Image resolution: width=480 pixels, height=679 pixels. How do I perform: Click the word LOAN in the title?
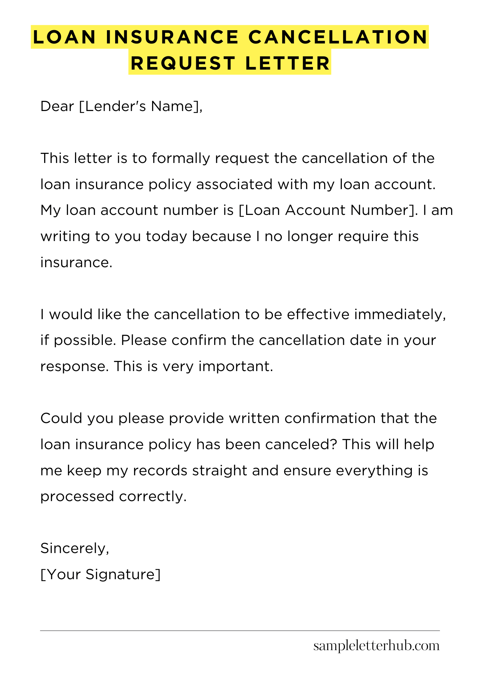coord(64,37)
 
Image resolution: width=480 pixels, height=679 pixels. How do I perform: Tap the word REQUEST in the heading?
coord(183,63)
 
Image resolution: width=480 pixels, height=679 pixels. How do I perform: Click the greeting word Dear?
coord(57,107)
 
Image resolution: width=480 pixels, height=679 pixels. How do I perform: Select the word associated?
coord(234,185)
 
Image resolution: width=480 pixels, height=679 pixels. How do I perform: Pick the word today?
coord(166,237)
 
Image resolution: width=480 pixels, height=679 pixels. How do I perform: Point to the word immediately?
coord(400,315)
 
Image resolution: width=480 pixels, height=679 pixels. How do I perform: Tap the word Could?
coord(61,419)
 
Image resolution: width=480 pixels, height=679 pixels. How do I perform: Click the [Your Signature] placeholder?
coord(100,575)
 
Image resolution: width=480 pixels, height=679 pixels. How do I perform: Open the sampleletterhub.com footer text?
coord(376,646)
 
